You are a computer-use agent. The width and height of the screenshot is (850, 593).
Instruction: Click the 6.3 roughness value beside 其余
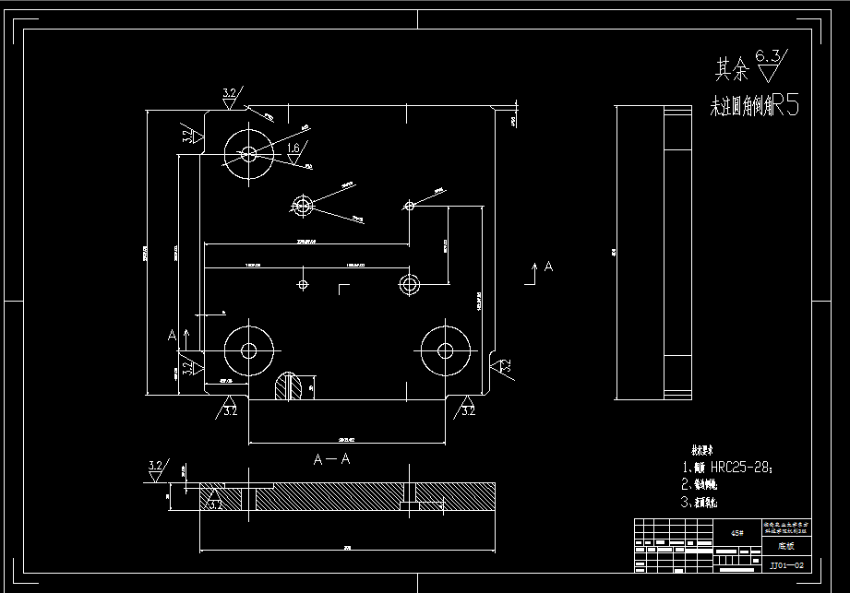coord(767,56)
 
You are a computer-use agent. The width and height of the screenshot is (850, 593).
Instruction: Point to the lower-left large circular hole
coord(248,350)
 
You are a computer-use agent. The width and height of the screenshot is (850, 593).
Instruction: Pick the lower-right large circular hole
coord(446,350)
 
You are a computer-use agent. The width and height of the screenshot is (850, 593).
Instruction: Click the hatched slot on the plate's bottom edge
coord(291,386)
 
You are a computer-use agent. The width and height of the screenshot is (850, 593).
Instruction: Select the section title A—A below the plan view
coord(332,458)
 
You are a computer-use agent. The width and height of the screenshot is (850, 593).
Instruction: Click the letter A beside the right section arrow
coord(548,267)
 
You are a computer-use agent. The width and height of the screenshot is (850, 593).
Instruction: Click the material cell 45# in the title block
coord(736,532)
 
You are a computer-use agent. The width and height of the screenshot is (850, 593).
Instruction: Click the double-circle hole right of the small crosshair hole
coord(408,281)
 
